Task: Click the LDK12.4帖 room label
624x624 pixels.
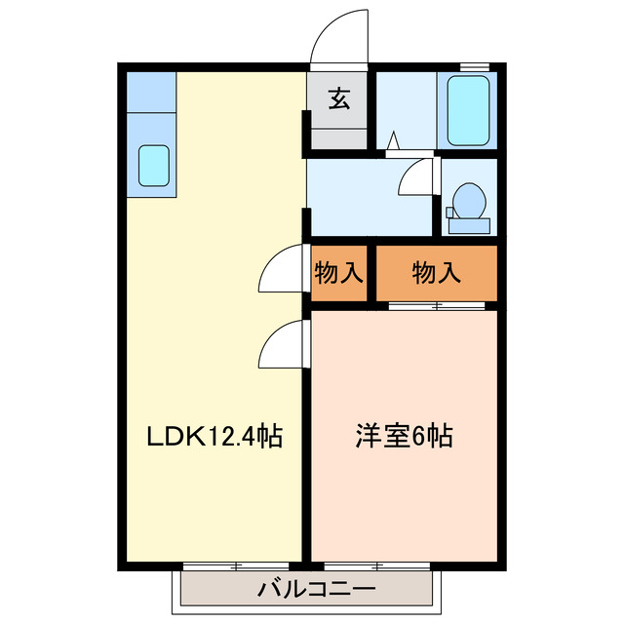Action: click(214, 436)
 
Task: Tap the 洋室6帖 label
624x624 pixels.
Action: click(403, 436)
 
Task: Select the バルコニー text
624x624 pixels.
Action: click(303, 589)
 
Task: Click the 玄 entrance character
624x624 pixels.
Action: click(338, 98)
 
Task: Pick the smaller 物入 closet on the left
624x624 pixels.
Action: click(338, 274)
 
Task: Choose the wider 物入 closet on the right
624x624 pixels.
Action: click(436, 274)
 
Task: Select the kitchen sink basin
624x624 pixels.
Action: click(154, 165)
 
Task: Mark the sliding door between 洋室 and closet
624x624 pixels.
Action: click(436, 306)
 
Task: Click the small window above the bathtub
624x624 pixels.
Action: click(474, 65)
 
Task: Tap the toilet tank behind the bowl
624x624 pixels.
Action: click(468, 225)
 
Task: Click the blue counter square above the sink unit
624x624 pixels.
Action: click(148, 92)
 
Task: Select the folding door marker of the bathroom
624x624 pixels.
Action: click(394, 143)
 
